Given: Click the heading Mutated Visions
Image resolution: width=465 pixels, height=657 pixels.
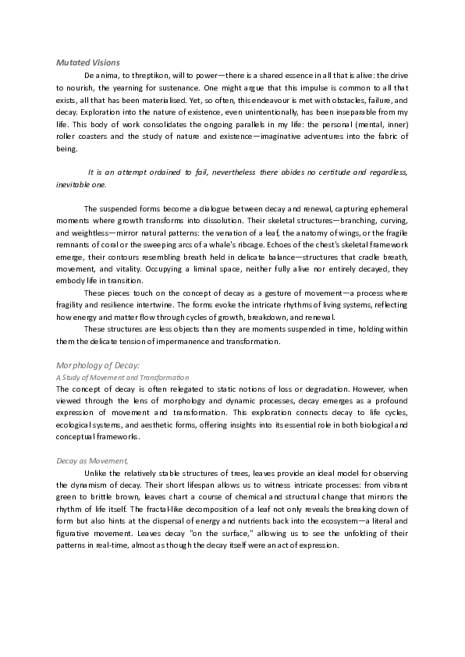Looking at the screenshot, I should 87,62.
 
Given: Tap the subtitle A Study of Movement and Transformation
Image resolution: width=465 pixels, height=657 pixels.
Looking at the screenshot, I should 122,377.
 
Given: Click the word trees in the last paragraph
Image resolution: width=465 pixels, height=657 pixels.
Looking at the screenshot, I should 232,473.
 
